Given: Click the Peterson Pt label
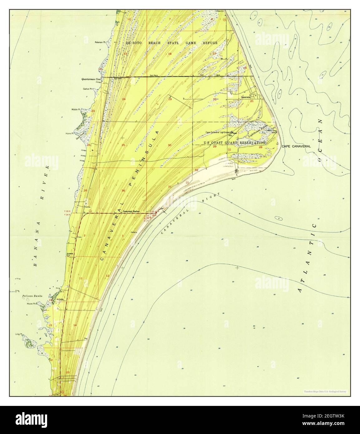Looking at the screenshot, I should coord(101,42).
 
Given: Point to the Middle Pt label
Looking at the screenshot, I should coord(76,110).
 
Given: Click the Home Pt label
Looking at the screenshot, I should coord(69,133).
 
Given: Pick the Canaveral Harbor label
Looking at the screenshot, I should coord(132,211).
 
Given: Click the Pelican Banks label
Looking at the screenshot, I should coord(32,295).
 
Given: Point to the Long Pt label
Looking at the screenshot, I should coord(19,334).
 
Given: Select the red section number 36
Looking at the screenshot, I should coord(123,190).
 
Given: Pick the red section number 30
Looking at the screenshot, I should coord(169,145).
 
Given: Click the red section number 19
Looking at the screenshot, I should coord(170,99).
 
